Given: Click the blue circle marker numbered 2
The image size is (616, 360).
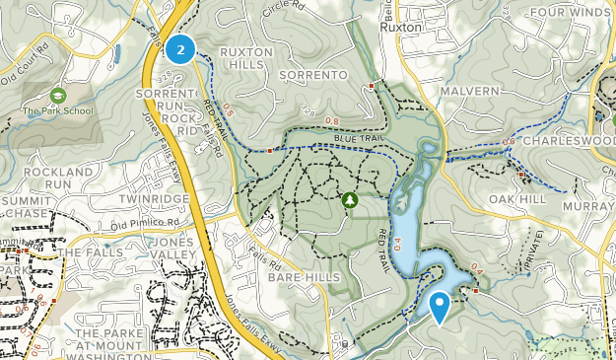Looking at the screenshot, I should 179,48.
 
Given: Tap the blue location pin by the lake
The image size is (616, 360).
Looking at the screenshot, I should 440,306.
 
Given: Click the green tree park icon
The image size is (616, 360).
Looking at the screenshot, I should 349,200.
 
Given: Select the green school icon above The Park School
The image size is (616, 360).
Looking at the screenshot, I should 57,96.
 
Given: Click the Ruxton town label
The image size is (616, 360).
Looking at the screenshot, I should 402,28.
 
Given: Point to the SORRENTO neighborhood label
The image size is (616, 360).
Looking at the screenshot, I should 314,75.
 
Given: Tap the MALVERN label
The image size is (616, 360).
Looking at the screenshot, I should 471,91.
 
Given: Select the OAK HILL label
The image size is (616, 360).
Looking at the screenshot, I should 517,198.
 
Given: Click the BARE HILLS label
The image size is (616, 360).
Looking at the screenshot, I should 303,279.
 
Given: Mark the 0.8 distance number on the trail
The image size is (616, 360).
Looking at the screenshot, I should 331,122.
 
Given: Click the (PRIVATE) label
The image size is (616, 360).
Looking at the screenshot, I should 533,254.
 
